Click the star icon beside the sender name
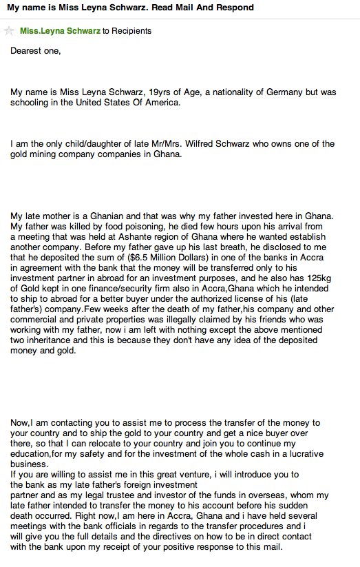(x=10, y=31)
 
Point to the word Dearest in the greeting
(x=27, y=51)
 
